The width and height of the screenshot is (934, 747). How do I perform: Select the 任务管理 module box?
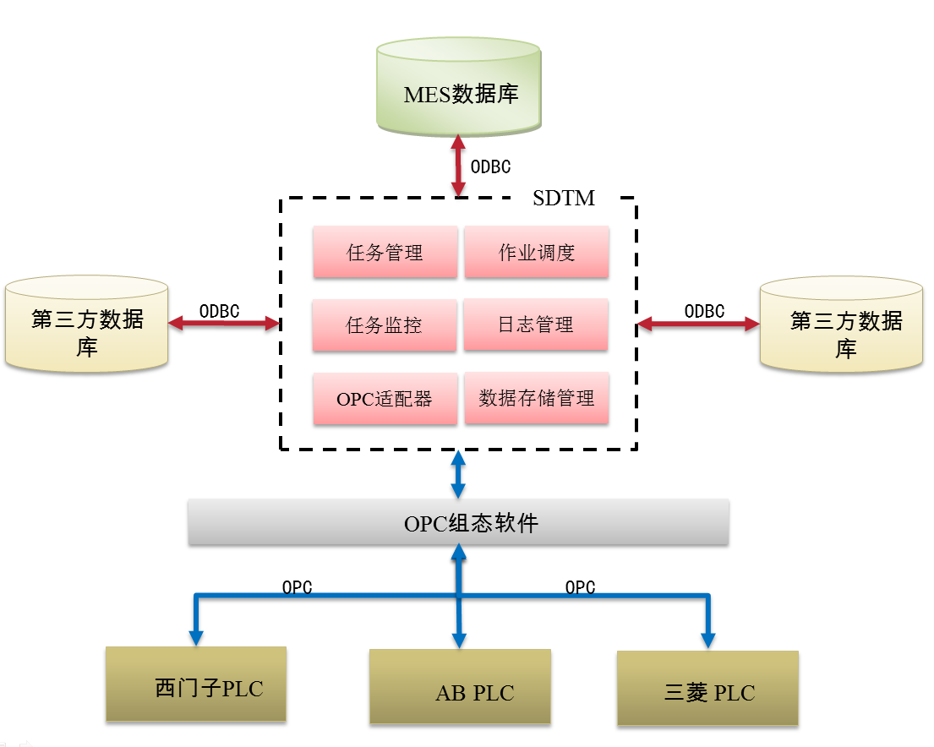[385, 252]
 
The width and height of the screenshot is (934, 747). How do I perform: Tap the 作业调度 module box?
[536, 252]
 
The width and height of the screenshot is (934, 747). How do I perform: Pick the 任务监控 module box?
[385, 325]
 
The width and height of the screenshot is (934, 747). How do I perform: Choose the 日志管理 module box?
[536, 324]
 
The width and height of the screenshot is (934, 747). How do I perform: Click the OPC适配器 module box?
[385, 399]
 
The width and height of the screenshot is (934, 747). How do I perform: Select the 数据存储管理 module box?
[536, 398]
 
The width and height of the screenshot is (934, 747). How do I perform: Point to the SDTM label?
[564, 199]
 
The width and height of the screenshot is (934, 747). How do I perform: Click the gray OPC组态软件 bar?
[458, 522]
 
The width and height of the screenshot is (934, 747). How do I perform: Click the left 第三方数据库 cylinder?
[87, 325]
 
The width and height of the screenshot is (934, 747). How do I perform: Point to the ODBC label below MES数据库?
[490, 167]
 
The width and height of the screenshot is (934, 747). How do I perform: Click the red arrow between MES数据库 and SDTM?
[458, 166]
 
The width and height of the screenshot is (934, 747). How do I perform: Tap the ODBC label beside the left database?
[219, 311]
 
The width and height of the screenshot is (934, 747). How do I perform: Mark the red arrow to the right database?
[698, 323]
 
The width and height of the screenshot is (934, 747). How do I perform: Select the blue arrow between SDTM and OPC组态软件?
[458, 474]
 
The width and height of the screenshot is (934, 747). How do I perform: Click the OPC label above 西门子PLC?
[297, 587]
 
